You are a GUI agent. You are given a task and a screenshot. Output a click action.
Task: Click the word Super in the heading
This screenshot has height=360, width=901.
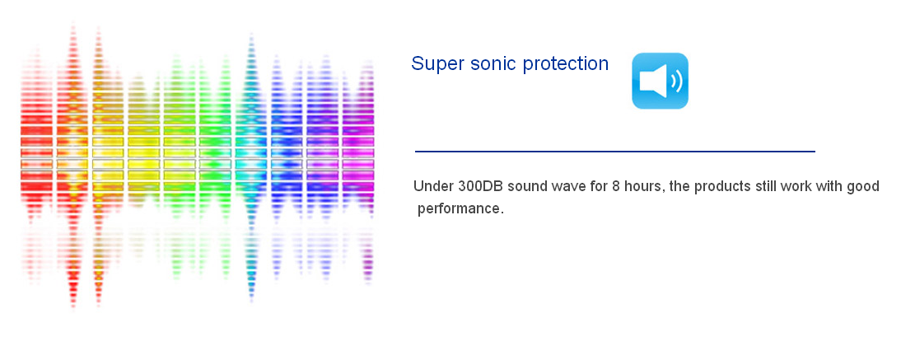click(x=438, y=63)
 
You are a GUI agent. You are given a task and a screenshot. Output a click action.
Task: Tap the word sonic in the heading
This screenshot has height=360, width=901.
click(x=493, y=63)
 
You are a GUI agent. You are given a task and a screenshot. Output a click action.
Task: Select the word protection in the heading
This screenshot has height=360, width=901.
click(x=566, y=63)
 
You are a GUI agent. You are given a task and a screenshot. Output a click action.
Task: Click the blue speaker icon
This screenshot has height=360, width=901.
click(x=660, y=81)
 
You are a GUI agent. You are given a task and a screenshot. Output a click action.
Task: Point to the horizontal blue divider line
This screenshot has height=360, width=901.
click(x=615, y=152)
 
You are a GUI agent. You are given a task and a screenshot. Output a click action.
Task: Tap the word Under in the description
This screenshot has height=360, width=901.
click(x=433, y=187)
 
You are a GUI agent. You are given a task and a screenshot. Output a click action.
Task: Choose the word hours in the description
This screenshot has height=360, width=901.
click(x=641, y=187)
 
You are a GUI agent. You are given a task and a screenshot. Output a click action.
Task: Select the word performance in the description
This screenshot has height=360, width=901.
click(x=460, y=208)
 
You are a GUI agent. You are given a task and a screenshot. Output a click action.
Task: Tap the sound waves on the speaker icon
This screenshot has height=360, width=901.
click(x=676, y=81)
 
